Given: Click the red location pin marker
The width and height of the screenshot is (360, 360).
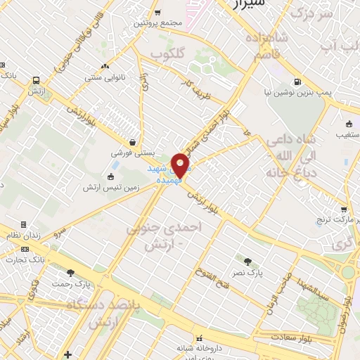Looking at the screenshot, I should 181,165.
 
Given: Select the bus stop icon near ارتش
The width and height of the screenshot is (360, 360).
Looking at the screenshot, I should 36,79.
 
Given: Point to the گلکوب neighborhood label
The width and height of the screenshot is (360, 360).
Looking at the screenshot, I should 169,54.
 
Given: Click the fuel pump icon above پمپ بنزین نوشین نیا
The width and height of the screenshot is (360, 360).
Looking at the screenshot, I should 298,81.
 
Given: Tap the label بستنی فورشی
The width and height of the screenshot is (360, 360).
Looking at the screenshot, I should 131,152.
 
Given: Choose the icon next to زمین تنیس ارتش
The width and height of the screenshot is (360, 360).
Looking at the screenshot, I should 110,176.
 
